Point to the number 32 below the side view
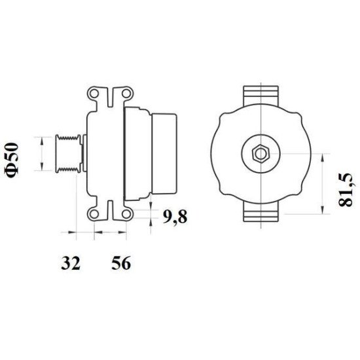click(71, 264)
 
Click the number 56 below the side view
click(121, 264)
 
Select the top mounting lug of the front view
click(261, 94)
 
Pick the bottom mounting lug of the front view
click(261, 213)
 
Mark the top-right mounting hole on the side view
click(124, 96)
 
